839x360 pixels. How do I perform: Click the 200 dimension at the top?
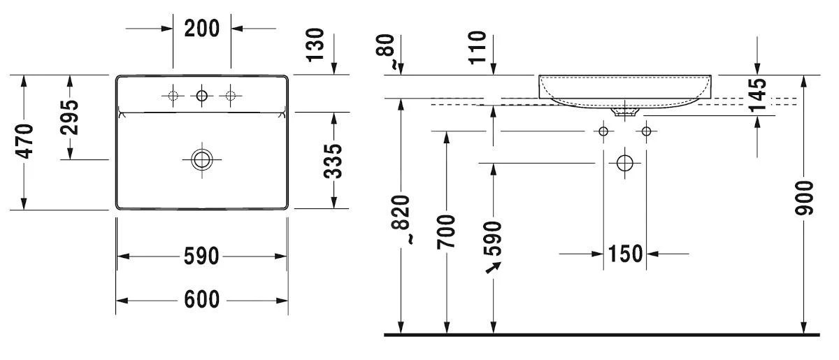click(x=201, y=28)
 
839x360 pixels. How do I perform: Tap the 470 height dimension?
click(x=24, y=142)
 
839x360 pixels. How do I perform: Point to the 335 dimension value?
click(x=334, y=161)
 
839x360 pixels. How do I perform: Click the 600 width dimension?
click(x=201, y=301)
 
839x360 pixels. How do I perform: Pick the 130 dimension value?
click(x=315, y=45)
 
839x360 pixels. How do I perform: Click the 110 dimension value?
click(x=478, y=47)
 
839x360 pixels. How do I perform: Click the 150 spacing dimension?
click(x=624, y=254)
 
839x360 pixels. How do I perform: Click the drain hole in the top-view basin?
click(x=201, y=159)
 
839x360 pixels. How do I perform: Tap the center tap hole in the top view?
click(x=202, y=96)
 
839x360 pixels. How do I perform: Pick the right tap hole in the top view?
click(x=231, y=96)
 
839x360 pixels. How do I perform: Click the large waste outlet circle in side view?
click(x=624, y=164)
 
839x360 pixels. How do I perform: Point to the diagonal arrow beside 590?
click(x=494, y=266)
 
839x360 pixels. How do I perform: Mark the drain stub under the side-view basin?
click(x=624, y=110)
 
